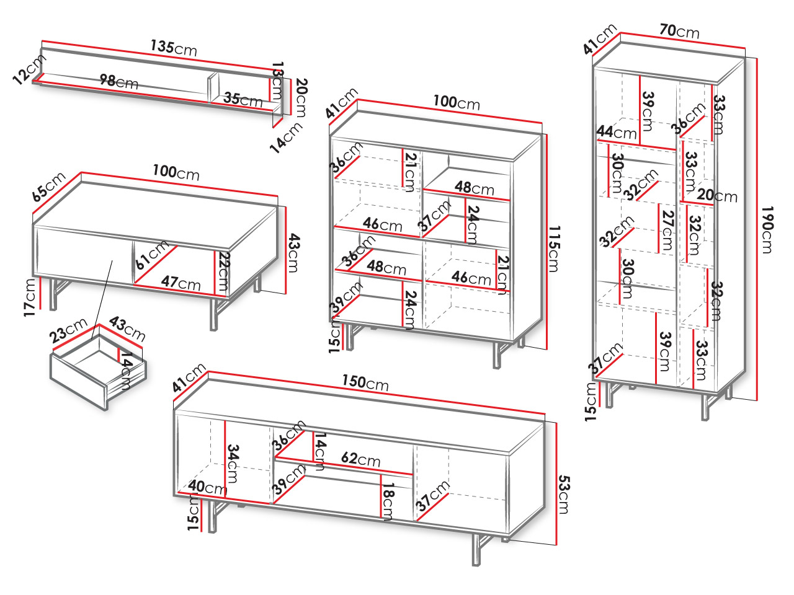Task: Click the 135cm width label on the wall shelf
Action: (173, 47)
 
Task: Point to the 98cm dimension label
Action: (118, 81)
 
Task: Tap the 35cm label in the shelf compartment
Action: (243, 99)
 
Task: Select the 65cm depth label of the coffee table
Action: (49, 187)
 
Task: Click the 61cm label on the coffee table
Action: (152, 254)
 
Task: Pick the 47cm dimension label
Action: (181, 283)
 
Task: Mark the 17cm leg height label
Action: (30, 297)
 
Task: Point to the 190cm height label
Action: (767, 229)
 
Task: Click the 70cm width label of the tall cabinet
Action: (679, 30)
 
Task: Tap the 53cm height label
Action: (564, 494)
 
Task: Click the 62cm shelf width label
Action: (360, 459)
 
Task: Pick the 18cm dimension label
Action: (388, 501)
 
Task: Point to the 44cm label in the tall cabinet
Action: (617, 132)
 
